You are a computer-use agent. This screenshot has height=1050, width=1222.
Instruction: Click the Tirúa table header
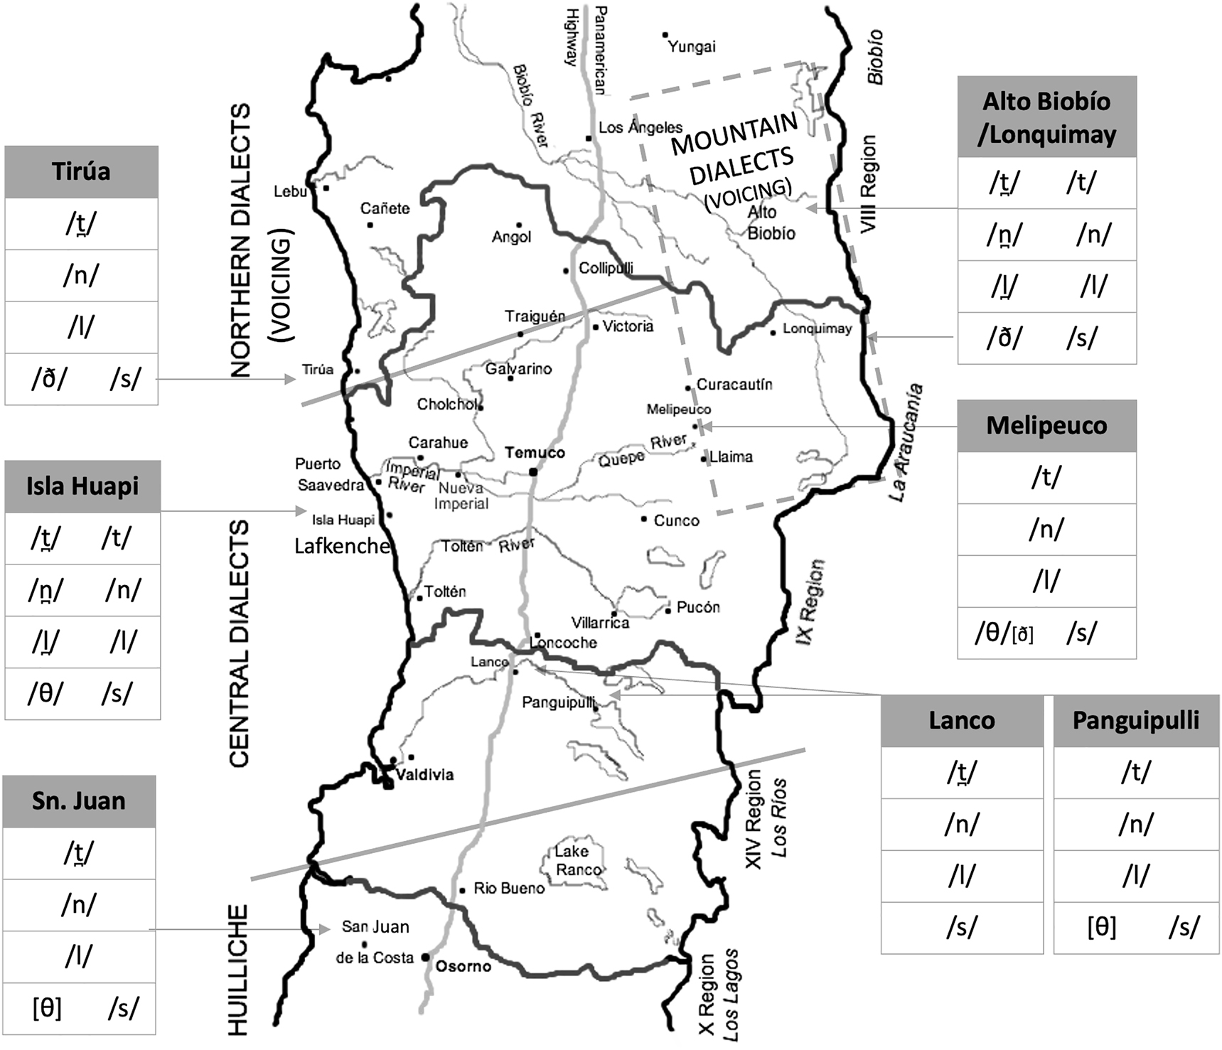[81, 172]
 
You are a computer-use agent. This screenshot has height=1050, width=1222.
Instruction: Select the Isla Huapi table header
[82, 487]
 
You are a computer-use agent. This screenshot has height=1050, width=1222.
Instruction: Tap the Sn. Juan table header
[79, 801]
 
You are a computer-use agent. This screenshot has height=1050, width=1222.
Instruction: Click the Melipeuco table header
[1046, 426]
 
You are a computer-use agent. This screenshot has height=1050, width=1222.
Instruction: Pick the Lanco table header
[962, 721]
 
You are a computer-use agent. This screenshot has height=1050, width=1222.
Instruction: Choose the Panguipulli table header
[1135, 721]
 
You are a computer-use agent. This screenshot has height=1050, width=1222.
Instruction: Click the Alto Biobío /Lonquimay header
[1046, 117]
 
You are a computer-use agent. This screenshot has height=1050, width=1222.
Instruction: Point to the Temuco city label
[535, 453]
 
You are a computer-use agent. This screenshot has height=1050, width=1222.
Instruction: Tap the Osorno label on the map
[463, 966]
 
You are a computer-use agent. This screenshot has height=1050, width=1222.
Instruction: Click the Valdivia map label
[424, 775]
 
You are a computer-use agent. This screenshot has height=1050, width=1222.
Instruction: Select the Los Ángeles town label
[640, 128]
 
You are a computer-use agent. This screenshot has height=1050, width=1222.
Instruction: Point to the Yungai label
[692, 47]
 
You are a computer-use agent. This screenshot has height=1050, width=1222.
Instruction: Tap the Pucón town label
[698, 607]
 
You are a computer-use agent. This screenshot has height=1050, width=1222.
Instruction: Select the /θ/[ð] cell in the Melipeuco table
[1004, 633]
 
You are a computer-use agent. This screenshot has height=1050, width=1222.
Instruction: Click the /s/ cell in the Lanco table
[962, 927]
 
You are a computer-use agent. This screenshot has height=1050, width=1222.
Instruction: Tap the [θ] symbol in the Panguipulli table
[1101, 927]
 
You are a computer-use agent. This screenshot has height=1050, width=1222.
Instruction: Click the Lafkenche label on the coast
[342, 546]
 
